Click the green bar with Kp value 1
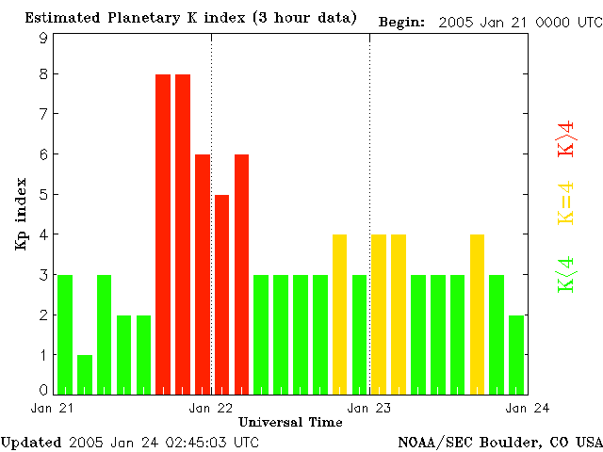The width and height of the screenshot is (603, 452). pos(85,374)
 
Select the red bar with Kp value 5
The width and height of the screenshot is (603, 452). pos(222,294)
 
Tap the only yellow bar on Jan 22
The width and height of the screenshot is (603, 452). pos(340,314)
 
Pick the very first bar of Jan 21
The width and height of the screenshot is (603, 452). pos(65,334)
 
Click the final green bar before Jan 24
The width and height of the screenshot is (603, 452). pos(516,354)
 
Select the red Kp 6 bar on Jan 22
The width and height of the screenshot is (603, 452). pos(242,273)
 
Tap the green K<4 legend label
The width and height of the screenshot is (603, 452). pos(566,274)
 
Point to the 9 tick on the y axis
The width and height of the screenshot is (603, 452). pos(43,38)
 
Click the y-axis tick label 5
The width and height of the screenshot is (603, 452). pos(43,195)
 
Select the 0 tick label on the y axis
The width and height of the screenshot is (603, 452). pos(43,390)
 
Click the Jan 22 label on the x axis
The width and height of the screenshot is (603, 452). pos(211,408)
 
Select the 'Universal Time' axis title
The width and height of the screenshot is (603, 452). pos(290,422)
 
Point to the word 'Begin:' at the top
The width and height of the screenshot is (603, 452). pos(401,21)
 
